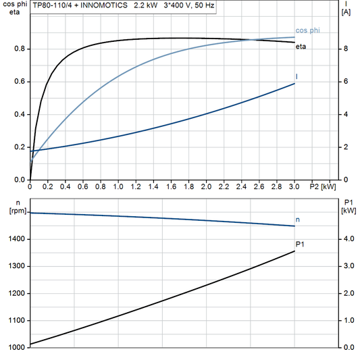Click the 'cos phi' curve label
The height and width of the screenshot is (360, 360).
click(x=307, y=30)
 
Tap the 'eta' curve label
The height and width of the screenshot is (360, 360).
click(x=301, y=46)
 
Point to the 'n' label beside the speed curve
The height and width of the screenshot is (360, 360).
click(x=299, y=220)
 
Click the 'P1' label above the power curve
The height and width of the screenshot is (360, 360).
click(x=301, y=244)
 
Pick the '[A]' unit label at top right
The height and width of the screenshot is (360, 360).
click(x=346, y=12)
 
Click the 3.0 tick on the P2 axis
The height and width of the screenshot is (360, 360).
click(x=294, y=186)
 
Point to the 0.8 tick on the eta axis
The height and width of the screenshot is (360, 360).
click(x=19, y=49)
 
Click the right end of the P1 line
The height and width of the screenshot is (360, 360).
click(x=294, y=251)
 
